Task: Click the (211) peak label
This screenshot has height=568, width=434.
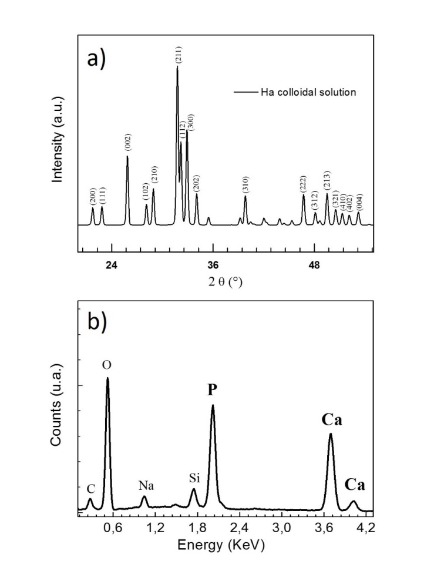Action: point(177,57)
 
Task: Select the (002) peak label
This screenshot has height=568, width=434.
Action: point(127,143)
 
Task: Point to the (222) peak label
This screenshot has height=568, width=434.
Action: point(304,183)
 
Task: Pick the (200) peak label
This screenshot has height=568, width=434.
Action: point(93,197)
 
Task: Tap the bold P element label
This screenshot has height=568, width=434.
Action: point(212,390)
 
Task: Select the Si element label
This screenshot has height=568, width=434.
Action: point(194,478)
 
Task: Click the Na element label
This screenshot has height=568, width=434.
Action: point(146,486)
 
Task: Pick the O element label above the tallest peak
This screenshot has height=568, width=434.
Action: point(107,365)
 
